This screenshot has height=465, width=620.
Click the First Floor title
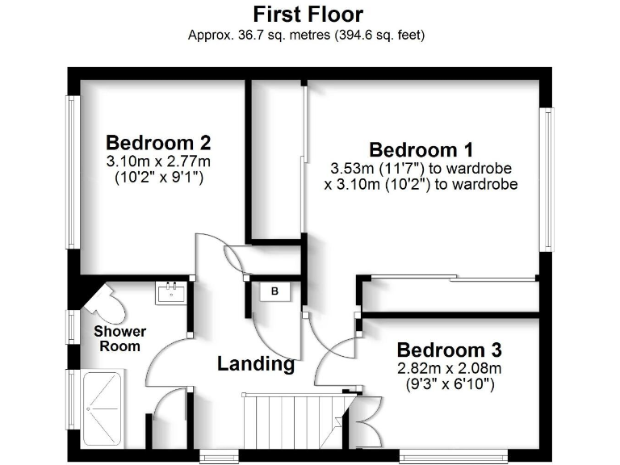(x=308, y=15)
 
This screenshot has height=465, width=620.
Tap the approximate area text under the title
(x=307, y=35)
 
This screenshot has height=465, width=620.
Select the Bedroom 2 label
(x=158, y=143)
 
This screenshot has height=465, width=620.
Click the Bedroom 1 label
(x=421, y=149)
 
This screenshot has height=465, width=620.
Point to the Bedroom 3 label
(x=449, y=350)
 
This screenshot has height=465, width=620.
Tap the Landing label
(x=256, y=364)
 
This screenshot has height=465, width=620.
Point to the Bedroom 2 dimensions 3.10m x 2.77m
(x=158, y=161)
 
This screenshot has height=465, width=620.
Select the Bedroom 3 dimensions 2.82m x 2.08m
(x=449, y=369)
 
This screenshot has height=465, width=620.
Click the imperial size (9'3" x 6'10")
(x=449, y=384)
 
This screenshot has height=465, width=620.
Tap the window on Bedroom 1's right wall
(x=548, y=179)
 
